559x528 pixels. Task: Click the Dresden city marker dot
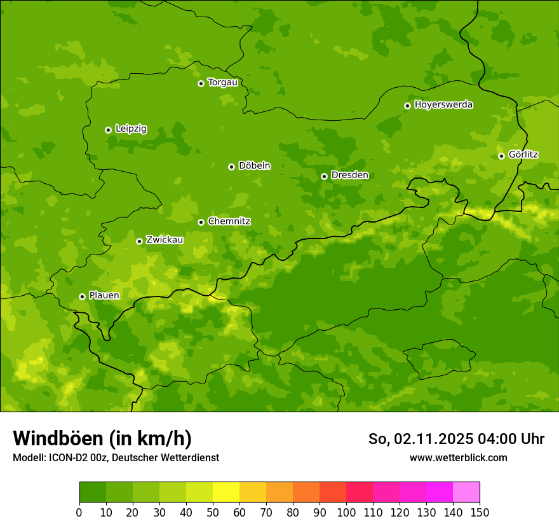point(324,176)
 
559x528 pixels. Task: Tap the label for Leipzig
point(131,129)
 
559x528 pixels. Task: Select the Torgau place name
point(222,83)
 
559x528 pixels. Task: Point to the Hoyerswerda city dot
point(407,106)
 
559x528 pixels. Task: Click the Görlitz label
point(523,155)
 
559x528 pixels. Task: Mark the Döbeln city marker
point(231,167)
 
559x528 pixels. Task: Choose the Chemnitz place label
point(229,221)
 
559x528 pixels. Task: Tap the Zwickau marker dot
point(139,241)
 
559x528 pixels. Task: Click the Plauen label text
point(104,296)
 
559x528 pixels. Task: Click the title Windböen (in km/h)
point(102,438)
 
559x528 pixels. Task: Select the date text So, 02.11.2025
point(419,439)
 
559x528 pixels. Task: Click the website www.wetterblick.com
point(458,458)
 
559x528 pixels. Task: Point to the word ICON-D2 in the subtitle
point(69,458)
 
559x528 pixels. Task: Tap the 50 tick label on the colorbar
point(213,512)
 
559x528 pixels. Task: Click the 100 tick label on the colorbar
point(346,512)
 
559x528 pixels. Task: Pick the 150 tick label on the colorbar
point(480,512)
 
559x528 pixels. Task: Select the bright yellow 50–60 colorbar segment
point(226,492)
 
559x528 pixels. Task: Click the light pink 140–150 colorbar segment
point(466,492)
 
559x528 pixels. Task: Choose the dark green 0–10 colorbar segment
point(93,492)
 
